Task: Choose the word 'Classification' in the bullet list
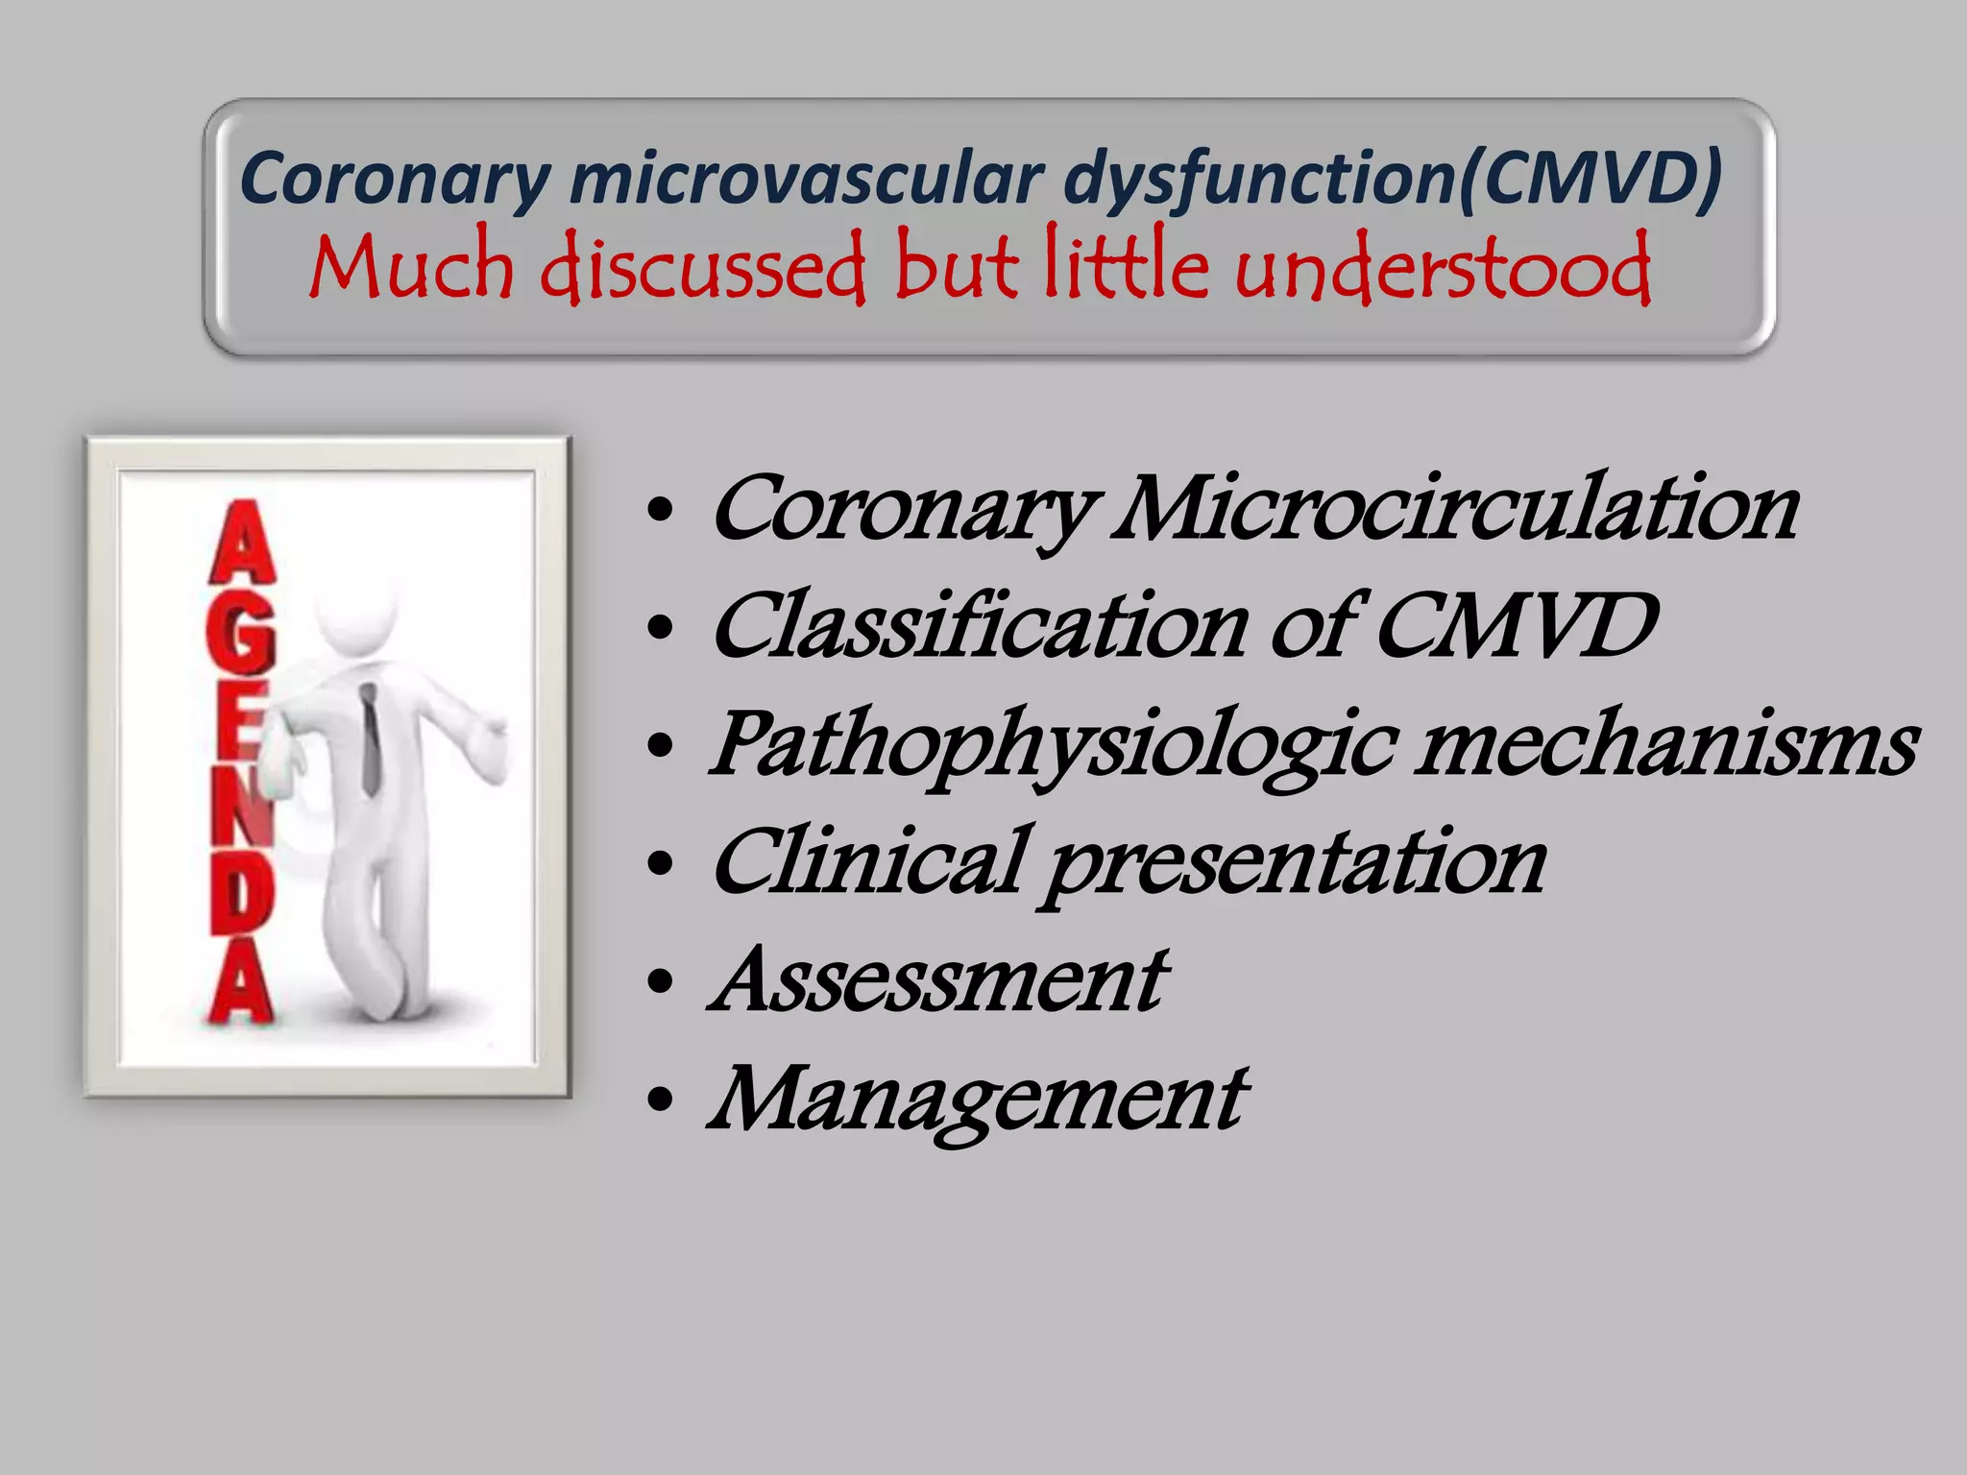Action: coord(980,626)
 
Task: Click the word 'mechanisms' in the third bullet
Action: coord(1666,745)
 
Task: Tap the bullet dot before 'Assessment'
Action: coord(660,982)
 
